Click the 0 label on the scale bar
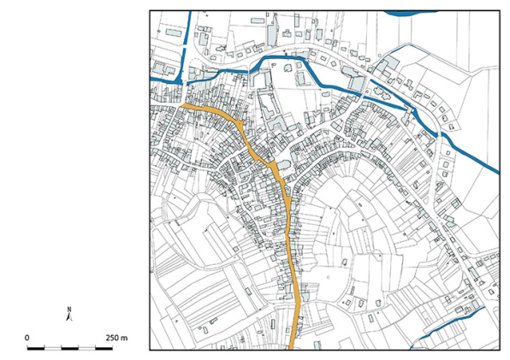pyautogui.click(x=27, y=338)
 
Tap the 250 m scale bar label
pyautogui.click(x=118, y=338)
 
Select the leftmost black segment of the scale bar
pyautogui.click(x=33, y=349)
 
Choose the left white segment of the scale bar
pyautogui.click(x=51, y=349)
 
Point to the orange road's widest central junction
pyautogui.click(x=272, y=162)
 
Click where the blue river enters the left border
pyautogui.click(x=152, y=80)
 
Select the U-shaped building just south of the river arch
pyautogui.click(x=261, y=80)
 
